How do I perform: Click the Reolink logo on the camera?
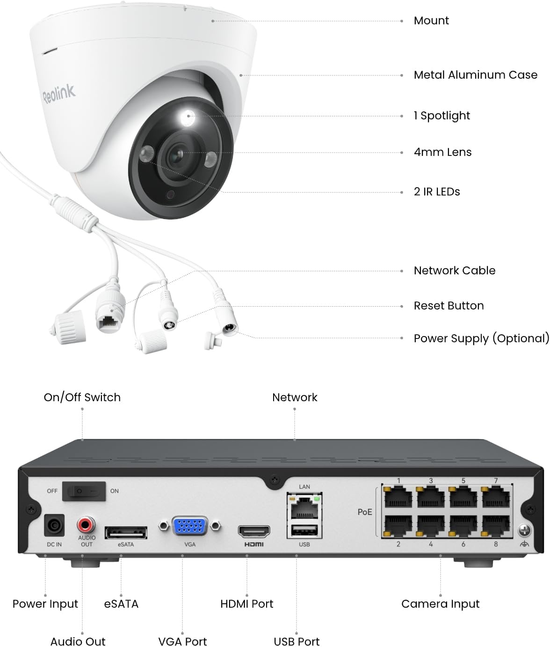(x=59, y=94)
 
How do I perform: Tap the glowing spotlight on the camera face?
(x=188, y=117)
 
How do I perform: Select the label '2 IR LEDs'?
(x=437, y=192)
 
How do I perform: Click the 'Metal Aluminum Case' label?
(x=476, y=75)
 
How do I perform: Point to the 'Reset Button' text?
(x=449, y=306)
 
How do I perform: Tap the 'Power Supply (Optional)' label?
(x=482, y=338)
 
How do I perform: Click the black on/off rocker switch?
(x=84, y=491)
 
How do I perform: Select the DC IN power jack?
(x=54, y=525)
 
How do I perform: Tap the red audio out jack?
(x=86, y=524)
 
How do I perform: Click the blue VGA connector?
(x=190, y=526)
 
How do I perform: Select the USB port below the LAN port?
(x=304, y=530)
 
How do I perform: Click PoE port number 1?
(x=398, y=497)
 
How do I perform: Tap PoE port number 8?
(x=496, y=526)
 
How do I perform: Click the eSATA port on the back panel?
(x=126, y=532)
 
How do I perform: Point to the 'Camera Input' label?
(x=440, y=604)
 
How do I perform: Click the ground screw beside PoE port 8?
(x=524, y=530)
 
